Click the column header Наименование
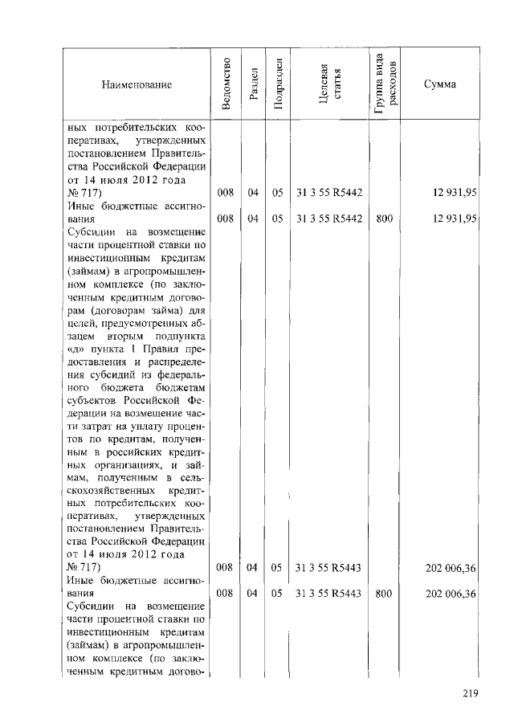tap(137, 84)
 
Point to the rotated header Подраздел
tap(277, 84)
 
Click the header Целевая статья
tap(328, 84)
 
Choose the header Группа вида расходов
tap(384, 84)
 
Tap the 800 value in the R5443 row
tap(383, 594)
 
